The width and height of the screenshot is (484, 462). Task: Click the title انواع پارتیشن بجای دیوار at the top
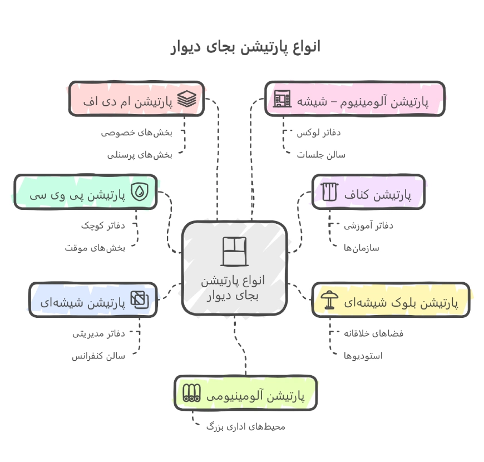pos(245,47)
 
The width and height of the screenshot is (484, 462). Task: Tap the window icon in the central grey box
pos(234,251)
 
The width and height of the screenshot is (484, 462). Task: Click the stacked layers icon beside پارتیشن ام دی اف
pos(187,99)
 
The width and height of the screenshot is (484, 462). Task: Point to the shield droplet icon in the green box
pos(140,192)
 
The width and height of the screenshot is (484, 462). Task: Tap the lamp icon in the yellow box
pos(330,300)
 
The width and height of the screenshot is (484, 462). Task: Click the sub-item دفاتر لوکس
pos(318,132)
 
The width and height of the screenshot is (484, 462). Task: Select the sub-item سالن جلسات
pos(320,155)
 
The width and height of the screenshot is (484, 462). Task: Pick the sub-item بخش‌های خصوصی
pos(136,132)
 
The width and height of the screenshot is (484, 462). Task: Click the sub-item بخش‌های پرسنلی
pos(140,155)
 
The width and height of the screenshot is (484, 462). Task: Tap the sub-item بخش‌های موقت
pos(95,248)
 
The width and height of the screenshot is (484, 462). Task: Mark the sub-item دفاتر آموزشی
pos(368,225)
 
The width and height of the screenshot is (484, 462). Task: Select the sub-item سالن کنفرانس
pos(98,355)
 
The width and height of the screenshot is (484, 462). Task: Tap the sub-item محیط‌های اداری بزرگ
pos(245,426)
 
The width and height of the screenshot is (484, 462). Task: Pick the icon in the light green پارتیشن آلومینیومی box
pos(192,393)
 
